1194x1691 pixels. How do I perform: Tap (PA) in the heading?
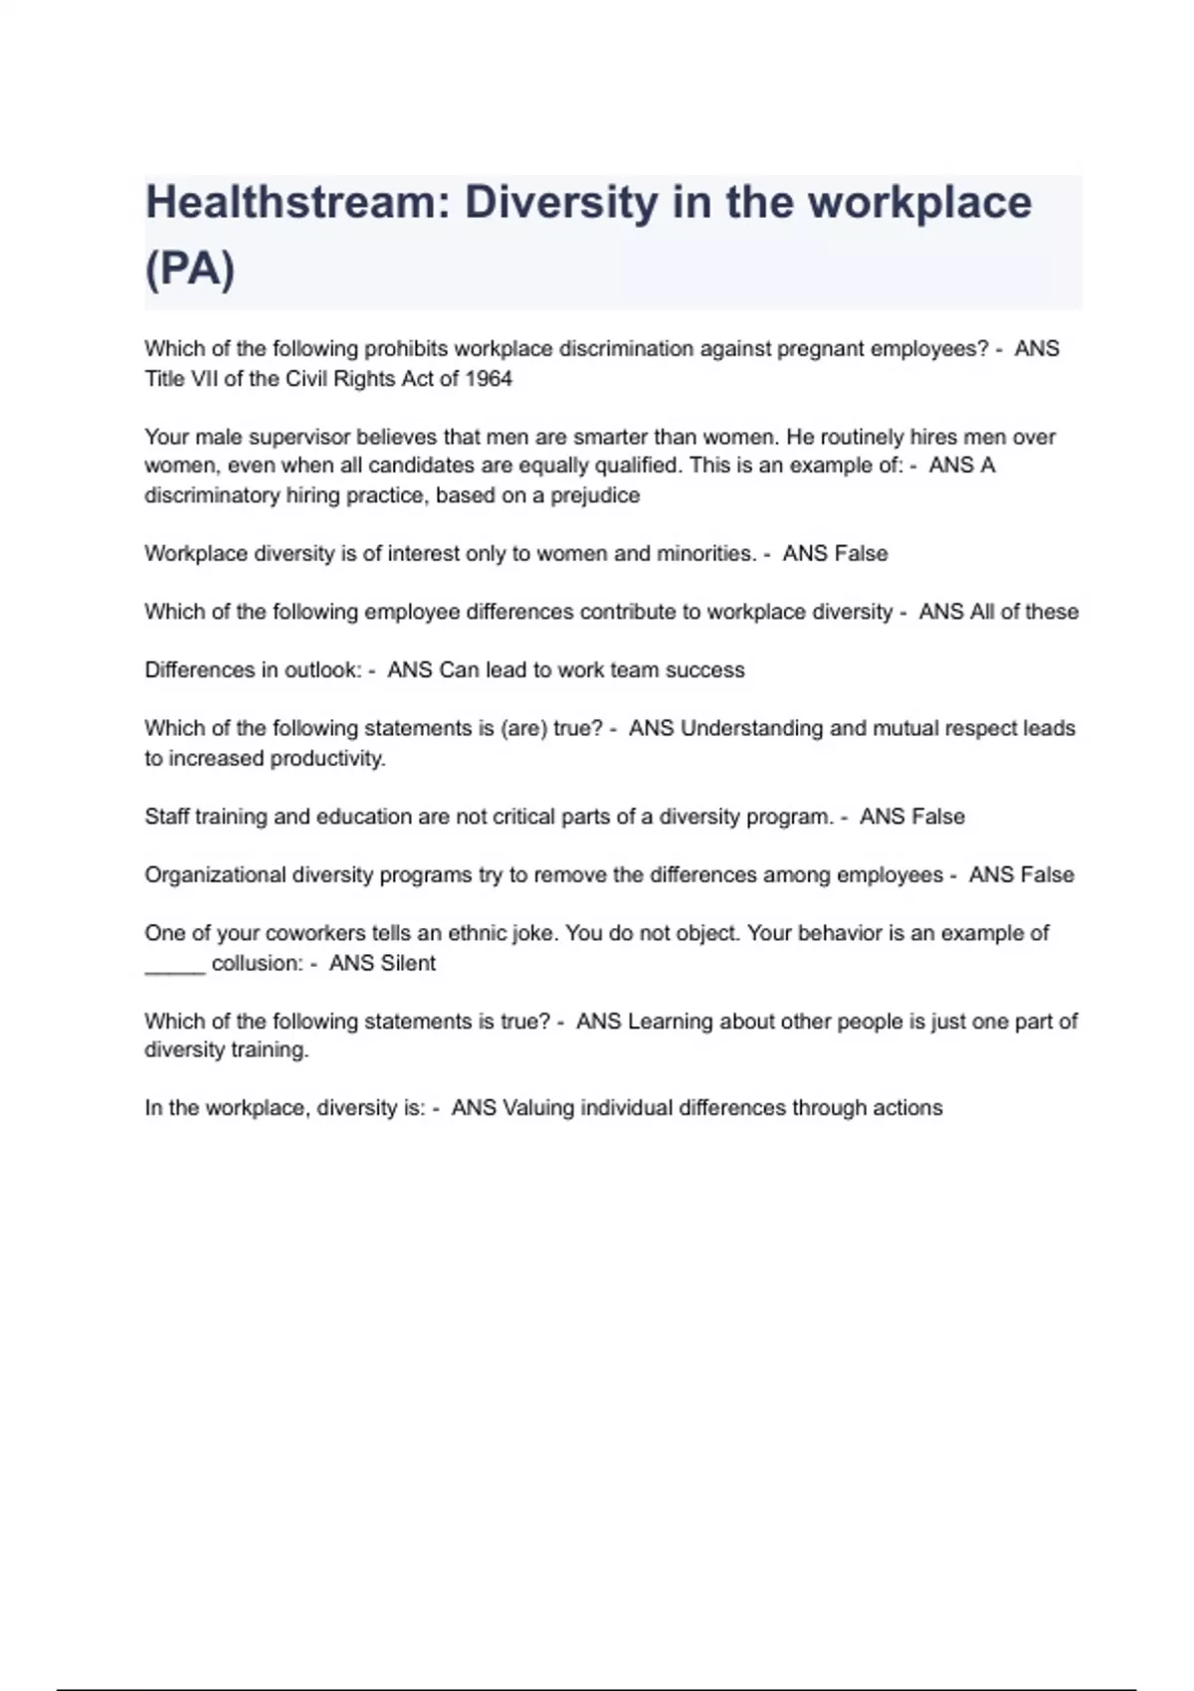click(190, 269)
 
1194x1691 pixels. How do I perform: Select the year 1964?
click(488, 379)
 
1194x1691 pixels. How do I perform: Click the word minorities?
click(705, 554)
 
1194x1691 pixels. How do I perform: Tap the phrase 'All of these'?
click(1024, 612)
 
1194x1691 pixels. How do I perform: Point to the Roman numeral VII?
click(196, 379)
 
